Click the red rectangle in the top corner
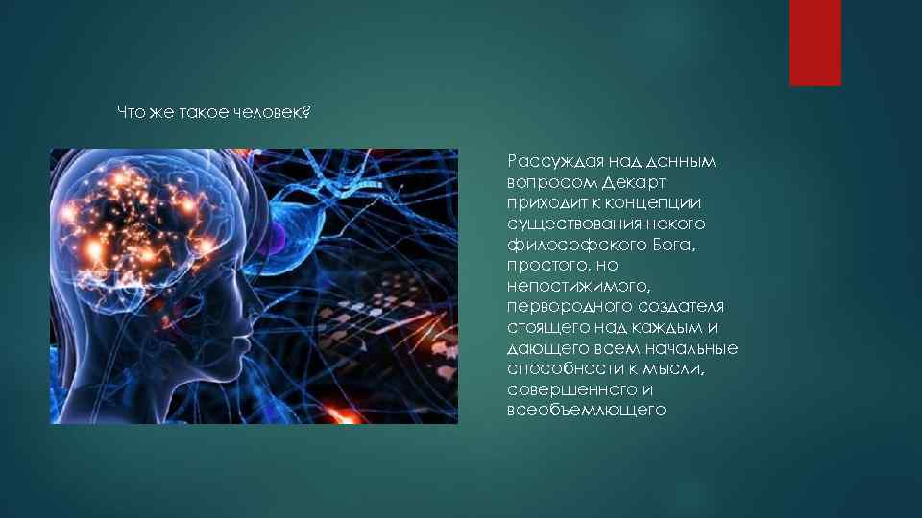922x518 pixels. click(814, 42)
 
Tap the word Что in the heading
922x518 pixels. click(130, 113)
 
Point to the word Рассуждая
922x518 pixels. click(552, 161)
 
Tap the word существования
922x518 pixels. click(566, 224)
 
